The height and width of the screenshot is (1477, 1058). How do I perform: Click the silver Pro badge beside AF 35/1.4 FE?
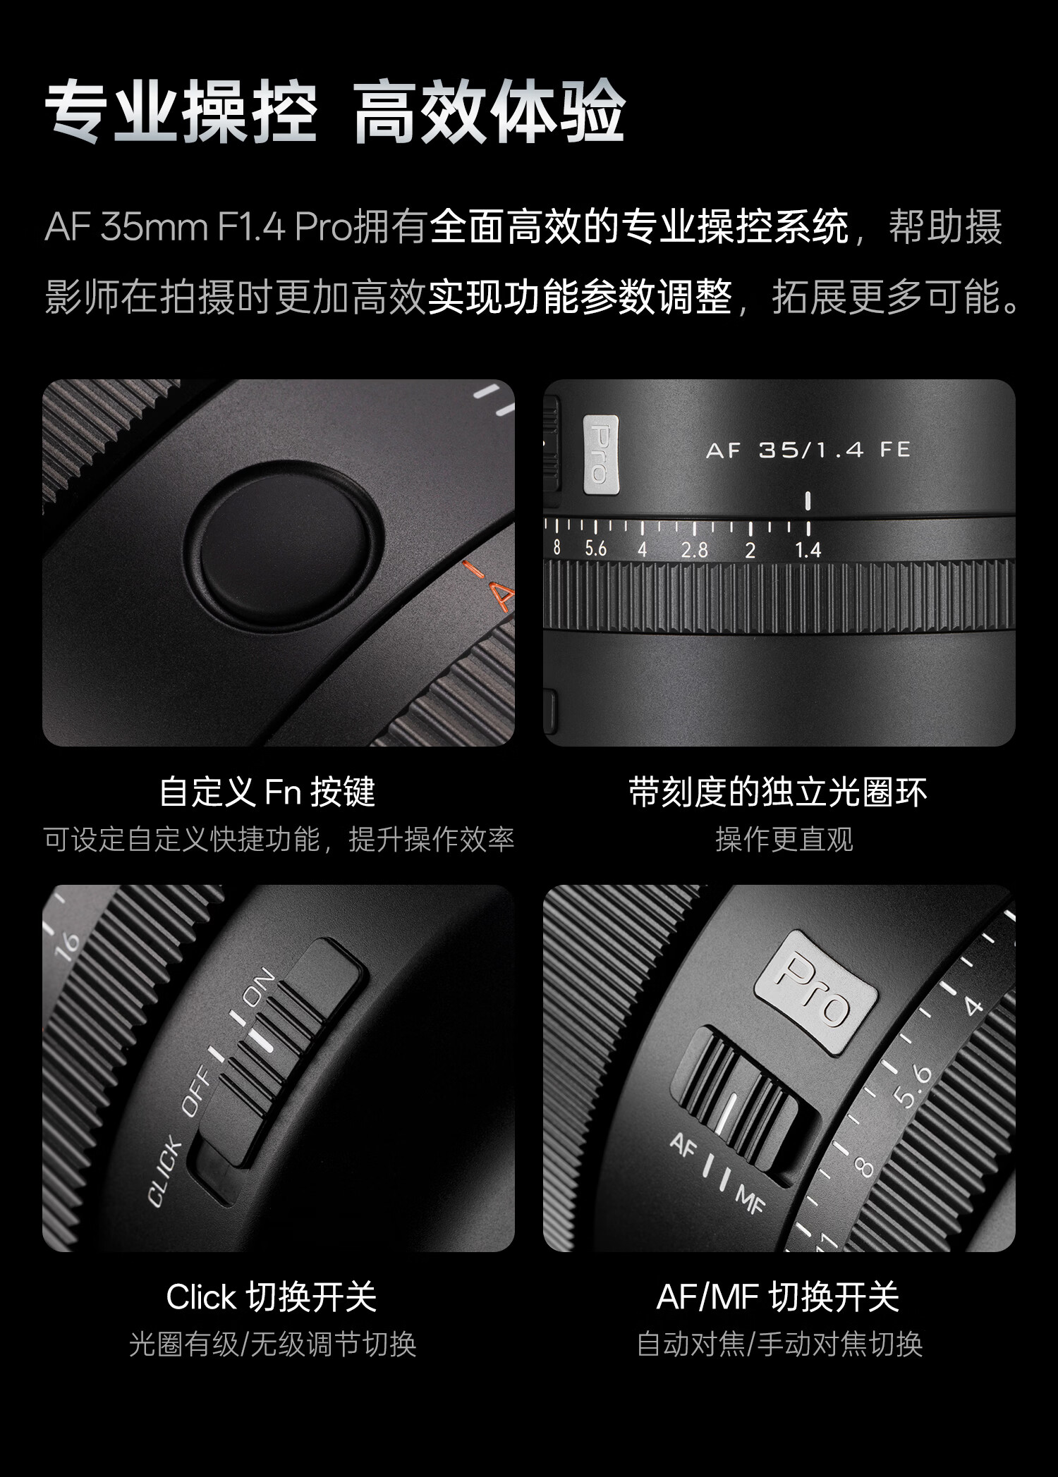pos(601,454)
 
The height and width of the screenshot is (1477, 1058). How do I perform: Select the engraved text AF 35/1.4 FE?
pos(808,450)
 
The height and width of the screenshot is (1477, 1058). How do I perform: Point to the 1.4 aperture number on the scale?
pos(808,549)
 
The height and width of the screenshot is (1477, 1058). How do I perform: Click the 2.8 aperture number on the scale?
pos(694,550)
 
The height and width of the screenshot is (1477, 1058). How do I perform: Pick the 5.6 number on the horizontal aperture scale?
pos(596,548)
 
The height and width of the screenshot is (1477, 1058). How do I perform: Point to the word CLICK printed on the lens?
pos(164,1172)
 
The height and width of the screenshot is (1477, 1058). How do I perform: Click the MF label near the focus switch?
pos(750,1199)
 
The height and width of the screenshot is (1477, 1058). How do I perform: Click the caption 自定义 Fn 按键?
pos(267,792)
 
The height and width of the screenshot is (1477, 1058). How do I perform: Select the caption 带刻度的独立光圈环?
pos(778,792)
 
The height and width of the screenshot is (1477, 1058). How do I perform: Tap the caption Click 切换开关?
pos(272,1297)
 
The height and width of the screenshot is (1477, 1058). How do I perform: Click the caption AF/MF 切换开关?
pos(778,1297)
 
